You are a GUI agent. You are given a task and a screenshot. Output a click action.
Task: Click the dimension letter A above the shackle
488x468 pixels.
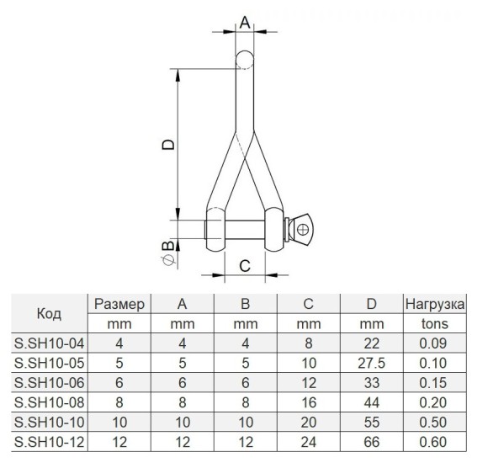click(x=245, y=23)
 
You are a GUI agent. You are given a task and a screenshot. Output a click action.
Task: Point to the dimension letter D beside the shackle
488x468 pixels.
click(x=168, y=145)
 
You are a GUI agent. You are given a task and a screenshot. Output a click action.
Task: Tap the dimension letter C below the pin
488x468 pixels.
click(x=245, y=266)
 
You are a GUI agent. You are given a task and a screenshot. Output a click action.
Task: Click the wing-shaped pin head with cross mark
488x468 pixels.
click(x=301, y=230)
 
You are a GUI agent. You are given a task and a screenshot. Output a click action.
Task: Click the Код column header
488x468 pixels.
click(x=49, y=314)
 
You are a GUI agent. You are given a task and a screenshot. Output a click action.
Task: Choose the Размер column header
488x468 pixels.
click(x=119, y=304)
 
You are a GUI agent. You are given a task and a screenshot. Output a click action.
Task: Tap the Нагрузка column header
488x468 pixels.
click(x=435, y=304)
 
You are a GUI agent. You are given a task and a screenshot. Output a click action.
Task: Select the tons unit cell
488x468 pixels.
click(x=435, y=323)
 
